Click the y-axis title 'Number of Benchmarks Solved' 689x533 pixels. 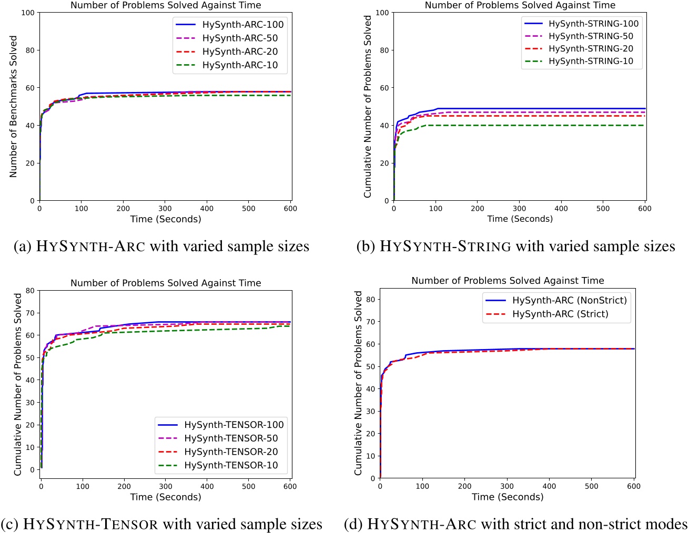14,107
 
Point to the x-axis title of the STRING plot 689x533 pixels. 520,219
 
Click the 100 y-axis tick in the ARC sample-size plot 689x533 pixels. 28,13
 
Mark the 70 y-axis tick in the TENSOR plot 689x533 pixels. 30,313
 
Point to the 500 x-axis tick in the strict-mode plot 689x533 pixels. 592,486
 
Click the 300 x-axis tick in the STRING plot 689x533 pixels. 519,208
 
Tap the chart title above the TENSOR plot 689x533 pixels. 166,283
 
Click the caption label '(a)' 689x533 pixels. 23,247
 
